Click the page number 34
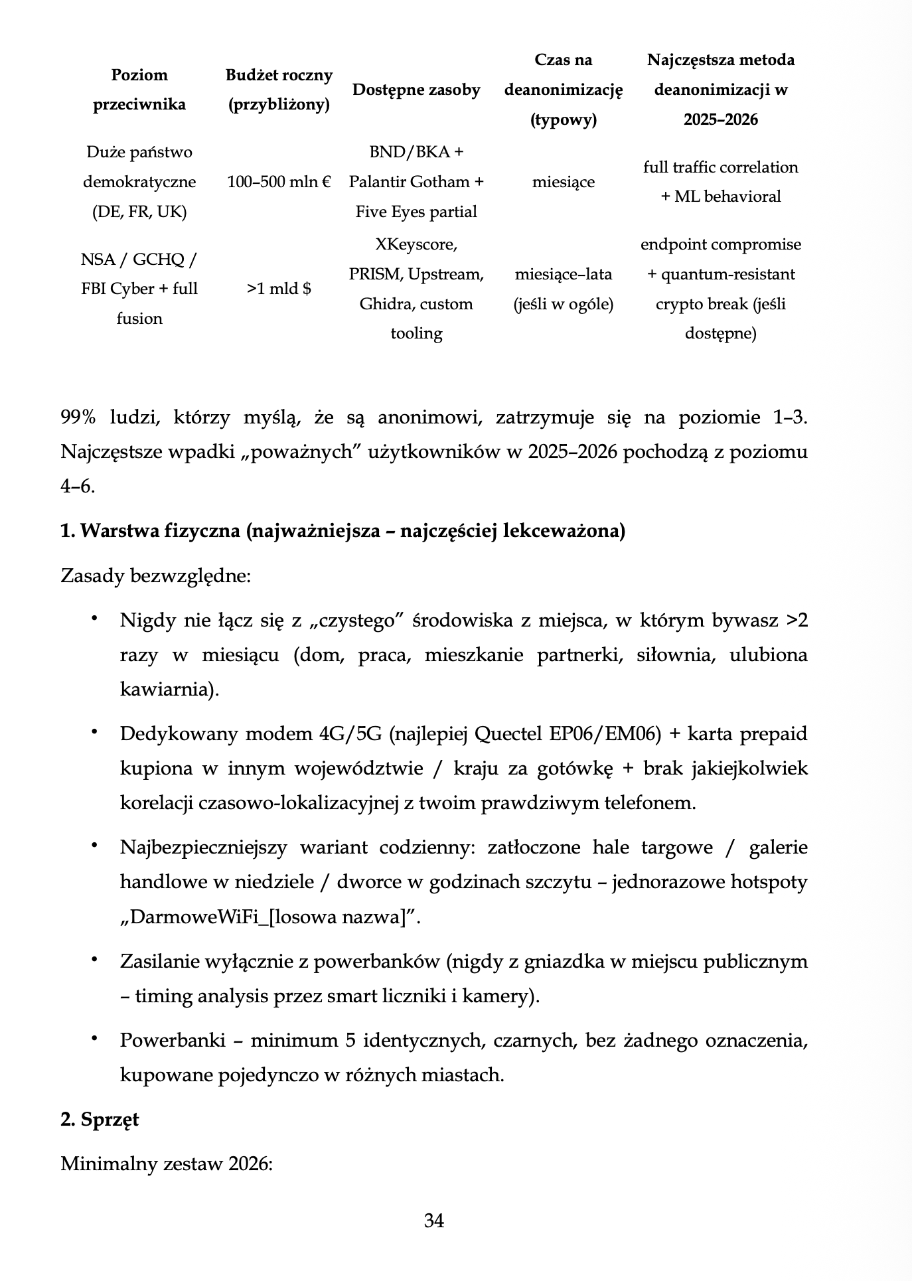pos(434,1221)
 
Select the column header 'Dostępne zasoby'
pos(416,90)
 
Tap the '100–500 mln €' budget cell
pos(279,182)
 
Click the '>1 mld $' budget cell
pos(279,289)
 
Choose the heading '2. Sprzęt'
pos(100,1119)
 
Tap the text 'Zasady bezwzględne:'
pos(155,575)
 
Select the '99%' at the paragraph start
pos(78,417)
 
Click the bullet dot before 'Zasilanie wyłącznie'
pos(95,960)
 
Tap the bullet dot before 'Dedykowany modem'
pos(95,732)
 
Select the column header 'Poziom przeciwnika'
pos(139,90)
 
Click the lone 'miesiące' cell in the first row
pos(563,182)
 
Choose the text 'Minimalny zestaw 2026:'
pos(167,1164)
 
